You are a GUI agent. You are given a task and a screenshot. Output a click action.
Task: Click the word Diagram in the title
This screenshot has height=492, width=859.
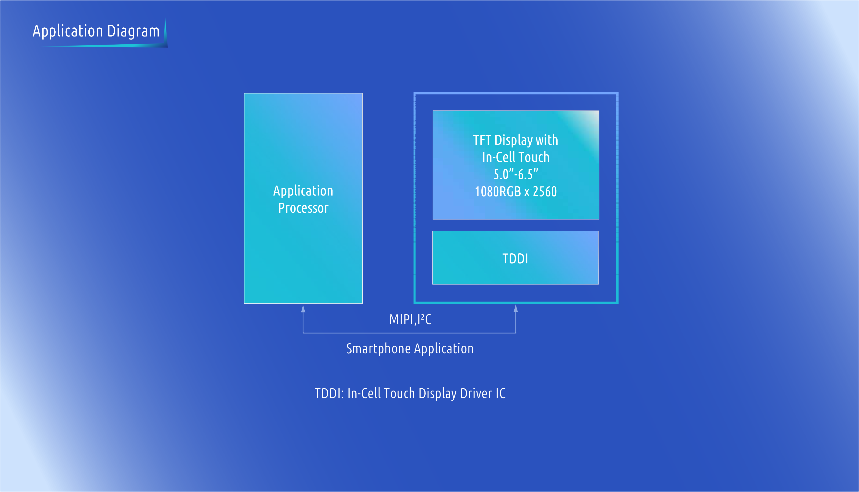coord(133,31)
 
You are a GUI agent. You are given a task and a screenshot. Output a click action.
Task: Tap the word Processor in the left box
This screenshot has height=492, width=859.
coord(303,208)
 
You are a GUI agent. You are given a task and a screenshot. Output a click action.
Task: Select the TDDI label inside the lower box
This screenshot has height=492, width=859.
coord(515,258)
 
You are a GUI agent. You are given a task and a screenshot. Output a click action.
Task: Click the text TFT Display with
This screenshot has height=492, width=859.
coord(516,140)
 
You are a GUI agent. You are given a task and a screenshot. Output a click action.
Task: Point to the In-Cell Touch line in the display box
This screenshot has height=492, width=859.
coord(516,157)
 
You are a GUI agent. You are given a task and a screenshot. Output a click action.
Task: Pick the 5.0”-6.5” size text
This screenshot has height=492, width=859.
coord(516,174)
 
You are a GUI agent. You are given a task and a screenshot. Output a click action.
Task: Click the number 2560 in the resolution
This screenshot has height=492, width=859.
coord(545,192)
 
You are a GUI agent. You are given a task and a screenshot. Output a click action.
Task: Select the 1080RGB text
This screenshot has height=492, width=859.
coord(498,192)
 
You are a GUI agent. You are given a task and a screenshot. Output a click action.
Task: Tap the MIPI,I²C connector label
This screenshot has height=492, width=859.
coord(410,319)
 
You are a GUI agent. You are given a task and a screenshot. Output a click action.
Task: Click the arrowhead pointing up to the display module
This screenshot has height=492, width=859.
coord(516,308)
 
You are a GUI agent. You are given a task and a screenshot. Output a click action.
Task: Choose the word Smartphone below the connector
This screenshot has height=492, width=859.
coord(378,349)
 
